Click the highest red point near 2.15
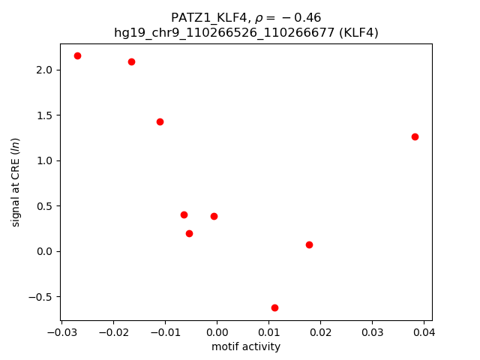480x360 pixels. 77,55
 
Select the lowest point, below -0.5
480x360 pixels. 274,307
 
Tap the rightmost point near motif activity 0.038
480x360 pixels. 415,136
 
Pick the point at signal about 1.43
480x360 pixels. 160,121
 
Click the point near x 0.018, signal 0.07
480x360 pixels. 309,244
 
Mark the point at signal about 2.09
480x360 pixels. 131,61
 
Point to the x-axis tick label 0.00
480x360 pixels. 217,331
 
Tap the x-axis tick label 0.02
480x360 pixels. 320,331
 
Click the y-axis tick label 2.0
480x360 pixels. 44,70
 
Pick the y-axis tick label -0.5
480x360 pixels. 40,297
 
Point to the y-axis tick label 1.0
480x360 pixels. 44,160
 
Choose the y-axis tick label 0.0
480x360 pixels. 44,251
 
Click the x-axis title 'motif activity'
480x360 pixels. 246,346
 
